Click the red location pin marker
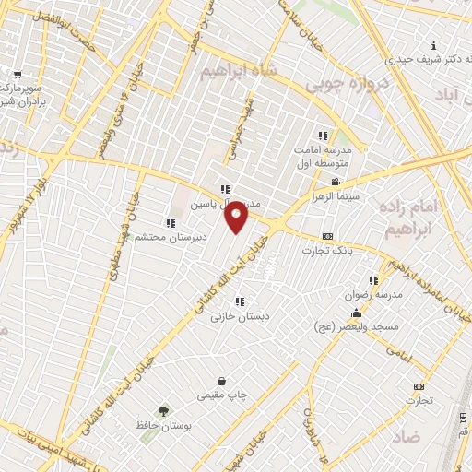click(237, 216)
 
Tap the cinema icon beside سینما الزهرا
click(336, 182)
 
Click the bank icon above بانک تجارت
click(328, 236)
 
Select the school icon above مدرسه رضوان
click(373, 280)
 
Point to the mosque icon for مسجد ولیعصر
click(356, 313)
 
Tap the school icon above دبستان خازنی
click(240, 301)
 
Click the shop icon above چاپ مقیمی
click(222, 381)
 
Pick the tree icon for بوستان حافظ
click(163, 411)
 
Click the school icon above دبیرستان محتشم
click(169, 222)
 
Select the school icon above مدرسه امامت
click(323, 136)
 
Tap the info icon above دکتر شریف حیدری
click(434, 46)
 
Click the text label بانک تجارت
click(328, 252)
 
